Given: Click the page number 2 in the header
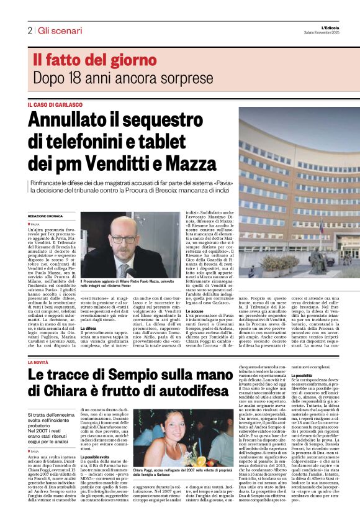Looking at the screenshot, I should (x=30, y=30).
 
